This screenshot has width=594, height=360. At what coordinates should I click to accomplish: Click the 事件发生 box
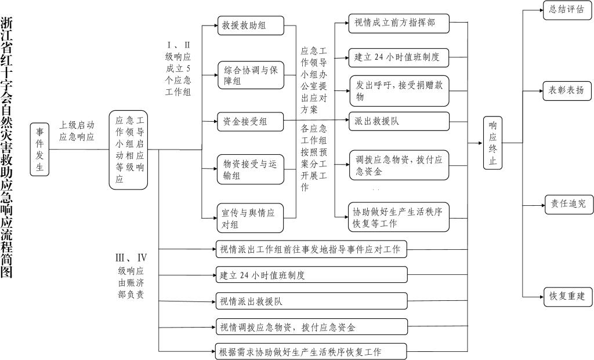[x=39, y=150]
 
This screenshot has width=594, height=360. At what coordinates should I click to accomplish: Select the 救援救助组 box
[x=251, y=26]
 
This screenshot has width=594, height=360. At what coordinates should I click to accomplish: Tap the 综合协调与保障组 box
[x=251, y=75]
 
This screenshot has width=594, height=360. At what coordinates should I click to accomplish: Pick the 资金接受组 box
[x=251, y=122]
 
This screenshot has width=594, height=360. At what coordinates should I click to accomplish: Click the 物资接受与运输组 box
[x=251, y=169]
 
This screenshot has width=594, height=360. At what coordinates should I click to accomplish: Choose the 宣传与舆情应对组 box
[x=250, y=218]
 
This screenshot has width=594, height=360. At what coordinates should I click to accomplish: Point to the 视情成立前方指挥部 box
[x=399, y=23]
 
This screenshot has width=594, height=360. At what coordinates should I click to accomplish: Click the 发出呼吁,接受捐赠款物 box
[x=399, y=91]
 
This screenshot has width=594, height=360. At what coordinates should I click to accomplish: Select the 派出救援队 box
[x=399, y=121]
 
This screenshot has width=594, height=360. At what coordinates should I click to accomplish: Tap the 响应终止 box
[x=492, y=143]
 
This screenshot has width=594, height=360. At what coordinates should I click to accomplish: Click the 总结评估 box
[x=567, y=10]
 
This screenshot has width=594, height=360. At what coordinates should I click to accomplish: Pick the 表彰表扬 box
[x=567, y=91]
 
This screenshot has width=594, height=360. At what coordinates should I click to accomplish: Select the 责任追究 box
[x=568, y=205]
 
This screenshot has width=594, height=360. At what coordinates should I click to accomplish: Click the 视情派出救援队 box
[x=312, y=301]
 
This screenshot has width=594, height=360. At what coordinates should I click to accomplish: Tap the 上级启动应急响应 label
[x=77, y=131]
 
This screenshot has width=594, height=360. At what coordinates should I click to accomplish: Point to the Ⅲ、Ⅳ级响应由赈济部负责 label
[x=131, y=277]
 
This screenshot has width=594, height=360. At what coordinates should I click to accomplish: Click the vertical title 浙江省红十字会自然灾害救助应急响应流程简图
[x=6, y=148]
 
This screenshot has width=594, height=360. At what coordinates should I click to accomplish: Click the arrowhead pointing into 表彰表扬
[x=541, y=91]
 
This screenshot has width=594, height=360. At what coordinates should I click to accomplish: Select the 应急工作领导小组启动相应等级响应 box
[x=128, y=150]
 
